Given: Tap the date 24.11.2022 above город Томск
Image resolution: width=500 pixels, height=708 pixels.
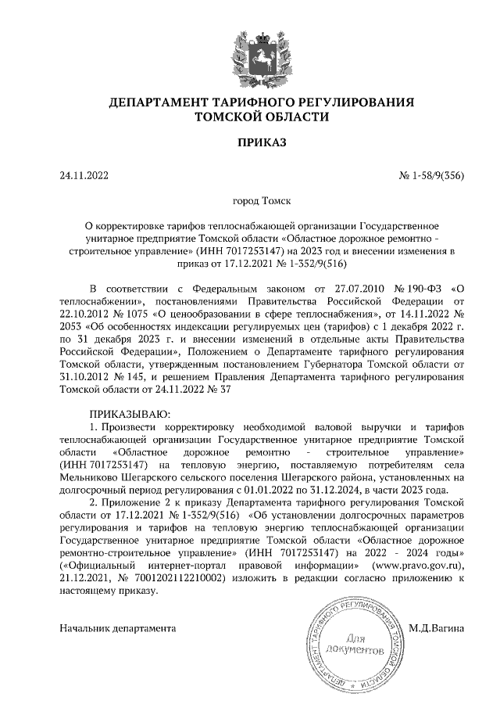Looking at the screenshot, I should coord(84,176).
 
